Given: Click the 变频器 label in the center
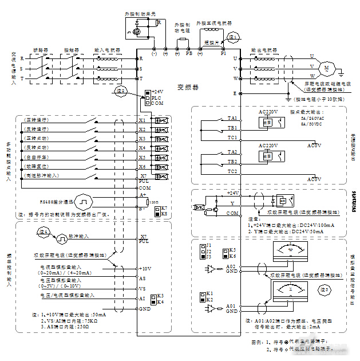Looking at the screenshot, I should point(187,87).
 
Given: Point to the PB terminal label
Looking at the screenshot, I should point(189,53).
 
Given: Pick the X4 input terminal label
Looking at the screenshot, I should point(142,148).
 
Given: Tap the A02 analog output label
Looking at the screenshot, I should point(231,267).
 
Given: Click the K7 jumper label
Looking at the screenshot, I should point(164,208).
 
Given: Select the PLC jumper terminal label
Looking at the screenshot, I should point(156,98).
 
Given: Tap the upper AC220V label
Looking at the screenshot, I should point(268,111).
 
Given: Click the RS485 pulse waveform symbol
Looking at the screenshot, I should point(83,202).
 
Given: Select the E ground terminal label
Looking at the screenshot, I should point(234,93).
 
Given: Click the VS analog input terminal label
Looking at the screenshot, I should point(142,288).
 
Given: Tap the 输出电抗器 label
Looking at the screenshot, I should point(264,50).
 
